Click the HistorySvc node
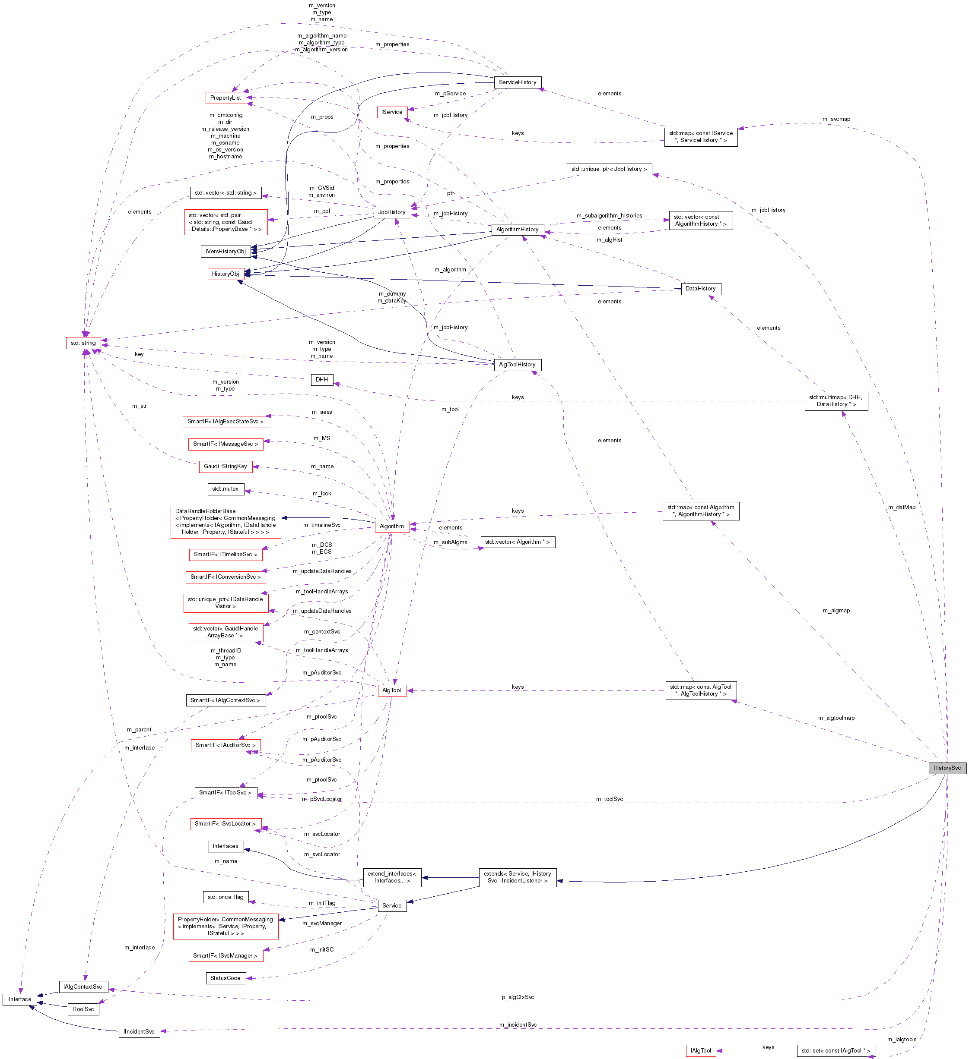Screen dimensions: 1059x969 click(x=947, y=768)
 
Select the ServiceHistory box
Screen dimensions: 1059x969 click(x=518, y=82)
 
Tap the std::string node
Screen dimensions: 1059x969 click(x=83, y=343)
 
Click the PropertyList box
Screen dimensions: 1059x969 click(x=226, y=98)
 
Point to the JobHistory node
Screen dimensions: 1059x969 click(x=392, y=212)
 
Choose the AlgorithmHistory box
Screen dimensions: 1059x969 click(x=518, y=230)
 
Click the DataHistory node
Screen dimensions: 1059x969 click(x=700, y=288)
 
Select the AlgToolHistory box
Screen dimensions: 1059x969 click(x=518, y=365)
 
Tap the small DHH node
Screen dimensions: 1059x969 click(x=322, y=379)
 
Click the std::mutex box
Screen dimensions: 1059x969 click(x=225, y=489)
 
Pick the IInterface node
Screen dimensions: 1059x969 click(x=19, y=999)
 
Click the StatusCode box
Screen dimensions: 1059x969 click(x=226, y=978)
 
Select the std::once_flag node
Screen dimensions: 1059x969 click(x=226, y=897)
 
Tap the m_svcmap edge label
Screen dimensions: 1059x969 click(x=836, y=119)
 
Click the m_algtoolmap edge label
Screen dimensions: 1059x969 click(x=836, y=718)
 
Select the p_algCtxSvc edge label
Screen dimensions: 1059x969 click(x=518, y=997)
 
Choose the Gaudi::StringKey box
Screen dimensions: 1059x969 click(x=226, y=466)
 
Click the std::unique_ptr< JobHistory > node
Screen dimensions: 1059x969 click(x=609, y=169)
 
